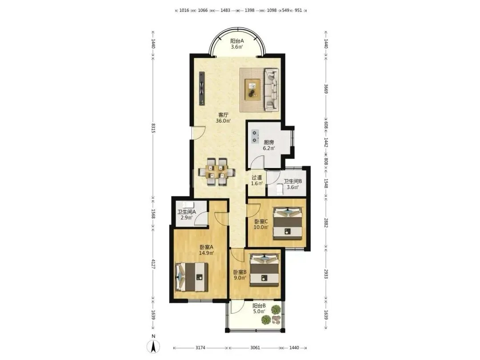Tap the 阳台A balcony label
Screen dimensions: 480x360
click(x=237, y=41)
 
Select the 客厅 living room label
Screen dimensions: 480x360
click(x=223, y=115)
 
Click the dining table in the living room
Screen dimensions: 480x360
click(x=216, y=172)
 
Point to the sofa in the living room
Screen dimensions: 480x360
click(x=272, y=89)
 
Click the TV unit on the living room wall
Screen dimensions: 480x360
click(x=202, y=88)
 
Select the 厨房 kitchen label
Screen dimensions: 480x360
click(x=269, y=142)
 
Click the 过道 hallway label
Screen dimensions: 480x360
click(x=257, y=177)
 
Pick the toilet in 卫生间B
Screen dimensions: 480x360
click(x=280, y=189)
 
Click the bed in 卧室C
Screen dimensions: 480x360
click(x=288, y=223)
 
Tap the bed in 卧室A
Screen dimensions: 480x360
click(x=192, y=277)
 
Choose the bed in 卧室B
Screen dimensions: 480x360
click(x=264, y=270)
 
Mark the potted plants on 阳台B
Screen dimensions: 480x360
click(x=272, y=315)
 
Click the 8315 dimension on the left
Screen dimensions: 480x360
click(x=153, y=128)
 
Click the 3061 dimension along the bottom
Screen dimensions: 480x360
click(x=255, y=348)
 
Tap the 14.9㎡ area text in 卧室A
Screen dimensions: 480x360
click(x=206, y=253)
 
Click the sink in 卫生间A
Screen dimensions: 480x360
click(x=188, y=204)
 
